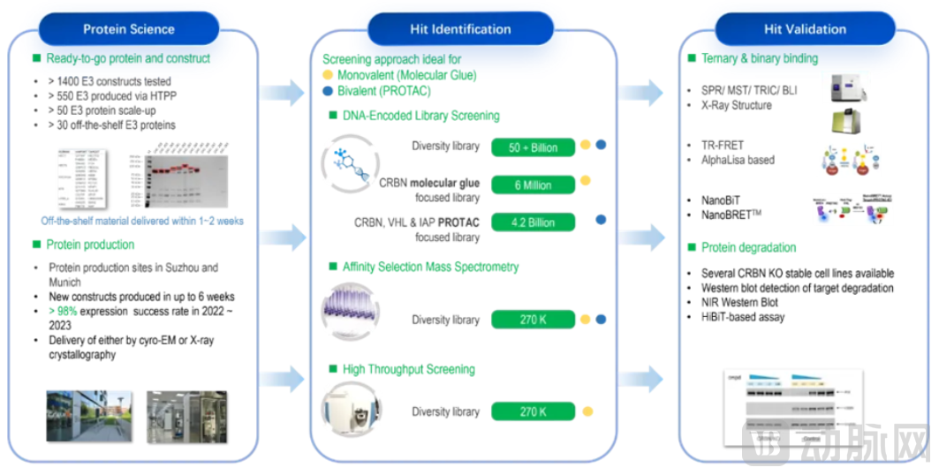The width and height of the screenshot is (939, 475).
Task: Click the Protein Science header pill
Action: pyautogui.click(x=129, y=29)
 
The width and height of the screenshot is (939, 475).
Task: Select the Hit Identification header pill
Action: pyautogui.click(x=460, y=29)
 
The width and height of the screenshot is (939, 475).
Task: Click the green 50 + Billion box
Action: pyautogui.click(x=533, y=147)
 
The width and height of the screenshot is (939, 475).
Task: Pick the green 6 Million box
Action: pyautogui.click(x=533, y=185)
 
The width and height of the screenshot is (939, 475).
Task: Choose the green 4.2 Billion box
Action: pyautogui.click(x=533, y=222)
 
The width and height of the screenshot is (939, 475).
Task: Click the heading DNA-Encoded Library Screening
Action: pyautogui.click(x=420, y=116)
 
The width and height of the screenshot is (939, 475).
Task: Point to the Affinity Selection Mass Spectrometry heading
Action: pyautogui.click(x=430, y=267)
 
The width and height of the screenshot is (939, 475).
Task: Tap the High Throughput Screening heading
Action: pyautogui.click(x=408, y=369)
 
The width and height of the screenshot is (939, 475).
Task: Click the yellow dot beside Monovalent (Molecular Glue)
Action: pyautogui.click(x=329, y=76)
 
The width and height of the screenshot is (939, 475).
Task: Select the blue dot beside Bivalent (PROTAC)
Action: pyautogui.click(x=329, y=91)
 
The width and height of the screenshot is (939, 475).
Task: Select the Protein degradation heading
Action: pyautogui.click(x=748, y=247)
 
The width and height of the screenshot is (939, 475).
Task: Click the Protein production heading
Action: pyautogui.click(x=90, y=245)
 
